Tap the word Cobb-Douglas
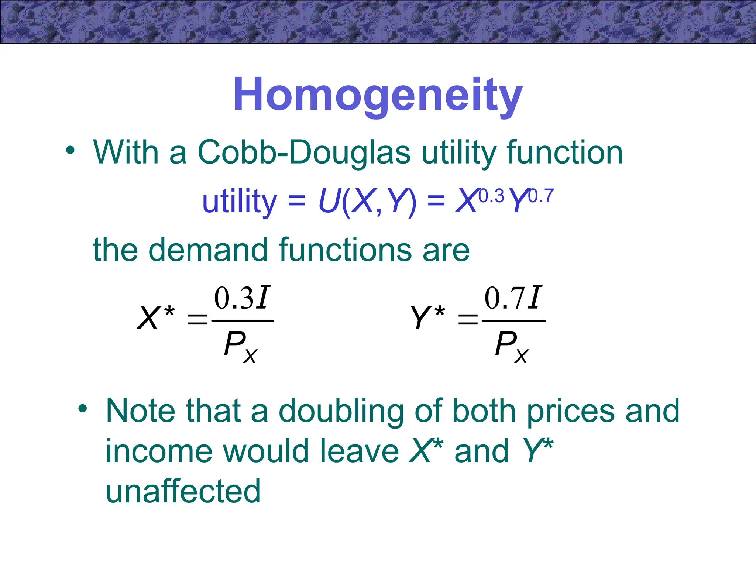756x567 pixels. pos(304,152)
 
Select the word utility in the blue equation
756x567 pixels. pos(240,201)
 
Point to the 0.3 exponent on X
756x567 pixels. pos(491,196)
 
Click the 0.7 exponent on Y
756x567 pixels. pos(541,196)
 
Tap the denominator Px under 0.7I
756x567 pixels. pos(512,346)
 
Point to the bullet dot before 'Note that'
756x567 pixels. pos(83,409)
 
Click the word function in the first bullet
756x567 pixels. pos(565,152)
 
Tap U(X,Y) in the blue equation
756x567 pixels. pos(367,201)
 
